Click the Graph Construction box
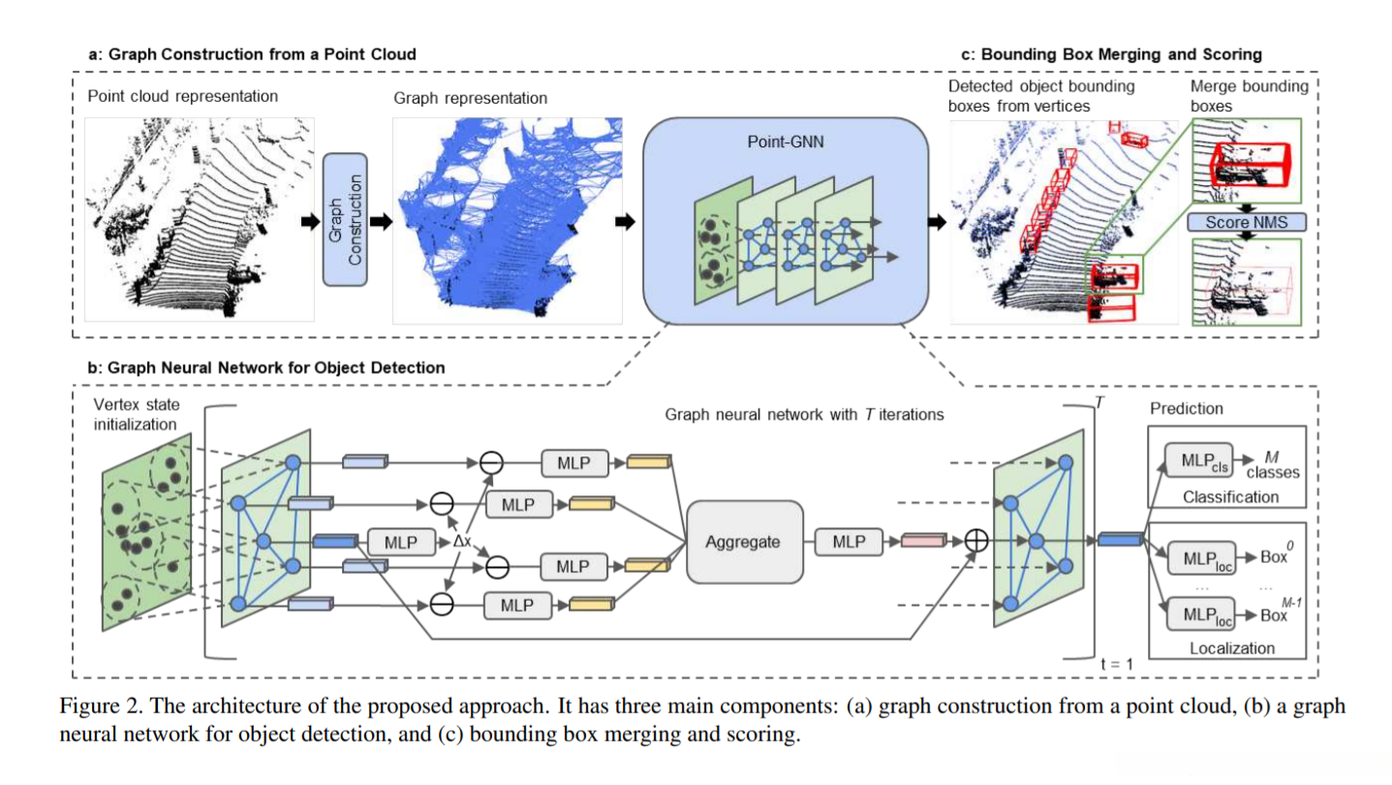point(345,219)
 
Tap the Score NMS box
point(1247,223)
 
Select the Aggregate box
point(743,542)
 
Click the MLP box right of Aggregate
point(849,542)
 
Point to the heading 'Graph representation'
point(470,98)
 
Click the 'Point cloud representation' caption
point(182,96)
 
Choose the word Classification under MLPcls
point(1230,497)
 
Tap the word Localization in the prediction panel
point(1231,647)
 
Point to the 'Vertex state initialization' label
point(137,413)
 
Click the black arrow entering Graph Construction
point(308,220)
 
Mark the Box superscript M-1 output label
point(1279,612)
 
